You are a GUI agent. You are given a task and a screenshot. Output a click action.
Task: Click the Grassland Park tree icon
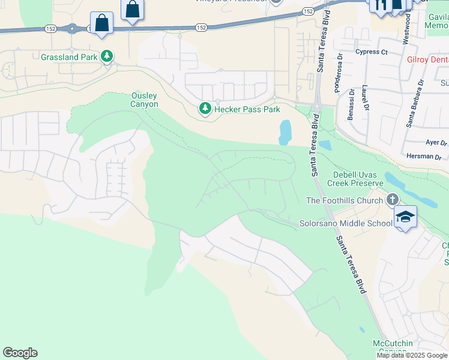click(x=107, y=56)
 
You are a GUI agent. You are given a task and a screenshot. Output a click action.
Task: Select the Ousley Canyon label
click(x=144, y=100)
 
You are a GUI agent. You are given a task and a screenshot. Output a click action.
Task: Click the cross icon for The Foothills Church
click(x=393, y=199)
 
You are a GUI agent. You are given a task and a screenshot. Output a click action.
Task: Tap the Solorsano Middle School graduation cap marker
click(x=405, y=217)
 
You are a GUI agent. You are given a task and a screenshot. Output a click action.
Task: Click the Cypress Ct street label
click(x=371, y=52)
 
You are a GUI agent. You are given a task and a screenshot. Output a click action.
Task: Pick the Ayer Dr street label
click(x=436, y=143)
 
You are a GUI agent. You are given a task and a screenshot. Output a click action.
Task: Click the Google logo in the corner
click(x=20, y=353)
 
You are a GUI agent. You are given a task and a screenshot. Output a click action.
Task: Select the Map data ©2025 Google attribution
click(x=412, y=355)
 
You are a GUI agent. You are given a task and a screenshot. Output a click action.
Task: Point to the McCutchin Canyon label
click(x=393, y=347)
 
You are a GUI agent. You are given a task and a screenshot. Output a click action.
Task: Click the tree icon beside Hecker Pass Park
click(x=205, y=109)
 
